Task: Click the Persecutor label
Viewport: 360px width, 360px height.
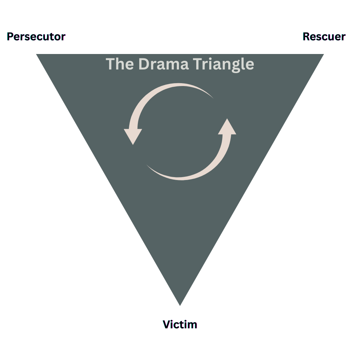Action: pyautogui.click(x=36, y=37)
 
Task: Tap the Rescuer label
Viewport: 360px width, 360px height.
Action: pyautogui.click(x=324, y=37)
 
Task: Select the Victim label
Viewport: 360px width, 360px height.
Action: pyautogui.click(x=180, y=324)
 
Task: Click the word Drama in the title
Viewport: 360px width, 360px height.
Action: pyautogui.click(x=164, y=64)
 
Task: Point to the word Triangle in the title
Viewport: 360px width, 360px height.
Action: pyautogui.click(x=223, y=64)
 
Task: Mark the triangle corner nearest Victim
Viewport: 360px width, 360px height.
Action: pyautogui.click(x=180, y=304)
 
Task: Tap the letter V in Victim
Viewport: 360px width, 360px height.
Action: pyautogui.click(x=167, y=324)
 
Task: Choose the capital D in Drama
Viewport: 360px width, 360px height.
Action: pyautogui.click(x=143, y=64)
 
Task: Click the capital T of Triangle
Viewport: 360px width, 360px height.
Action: pyautogui.click(x=196, y=64)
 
